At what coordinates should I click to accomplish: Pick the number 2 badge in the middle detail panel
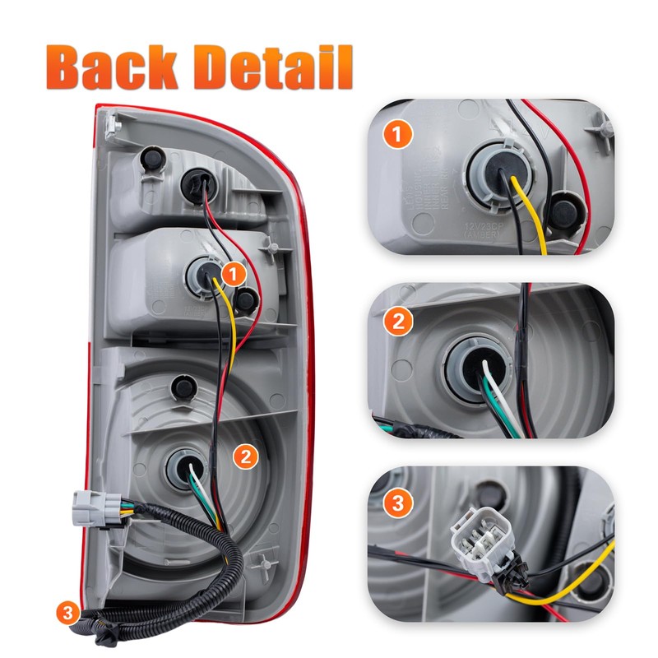398,321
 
